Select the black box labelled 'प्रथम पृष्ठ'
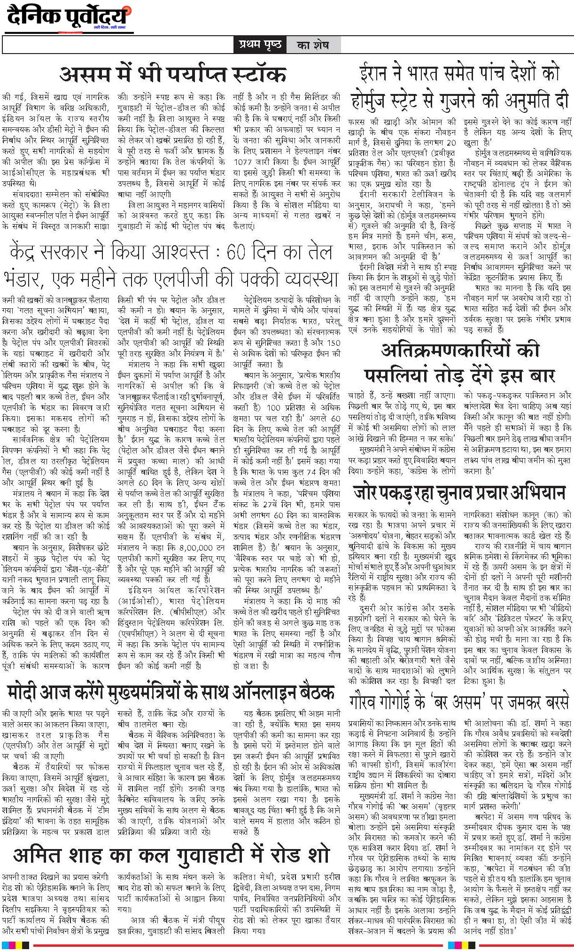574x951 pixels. (x=259, y=45)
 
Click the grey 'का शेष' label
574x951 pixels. (x=312, y=45)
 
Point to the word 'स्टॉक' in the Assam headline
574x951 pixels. (x=256, y=74)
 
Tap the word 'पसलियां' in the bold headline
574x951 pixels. (x=392, y=375)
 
